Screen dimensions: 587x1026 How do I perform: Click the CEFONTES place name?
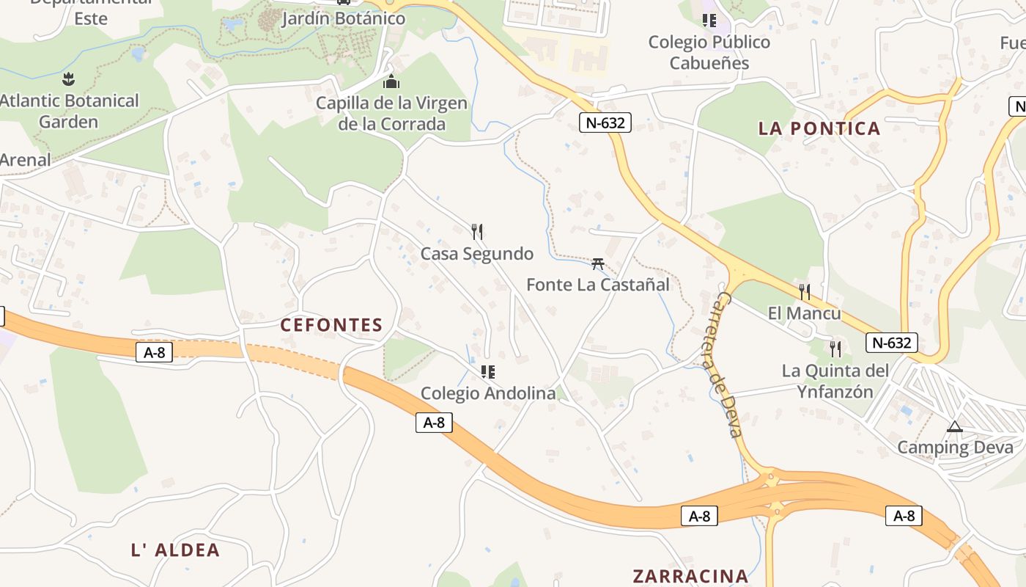[331, 325]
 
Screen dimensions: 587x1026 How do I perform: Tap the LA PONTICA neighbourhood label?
[819, 128]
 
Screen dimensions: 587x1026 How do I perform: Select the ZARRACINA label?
[690, 576]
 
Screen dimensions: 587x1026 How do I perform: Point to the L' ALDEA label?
[175, 550]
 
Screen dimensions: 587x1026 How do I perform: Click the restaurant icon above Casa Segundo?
[477, 232]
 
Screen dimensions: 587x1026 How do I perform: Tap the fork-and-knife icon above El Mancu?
[805, 292]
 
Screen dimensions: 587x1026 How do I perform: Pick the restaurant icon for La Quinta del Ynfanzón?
[835, 349]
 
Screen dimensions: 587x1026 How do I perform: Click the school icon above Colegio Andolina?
[488, 372]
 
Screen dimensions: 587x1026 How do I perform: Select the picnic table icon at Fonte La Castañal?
[598, 263]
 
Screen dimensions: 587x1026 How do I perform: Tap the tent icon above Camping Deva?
[954, 426]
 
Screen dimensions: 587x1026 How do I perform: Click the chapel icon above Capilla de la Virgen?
[391, 81]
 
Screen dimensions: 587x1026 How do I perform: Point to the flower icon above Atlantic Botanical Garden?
[69, 79]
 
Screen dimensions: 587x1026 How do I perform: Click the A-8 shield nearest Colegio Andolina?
[434, 422]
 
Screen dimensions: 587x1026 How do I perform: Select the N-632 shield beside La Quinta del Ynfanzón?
[891, 343]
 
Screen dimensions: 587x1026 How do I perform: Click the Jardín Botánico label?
[343, 18]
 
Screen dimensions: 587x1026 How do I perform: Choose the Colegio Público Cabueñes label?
[709, 52]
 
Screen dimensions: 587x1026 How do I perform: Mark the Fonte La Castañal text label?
[598, 284]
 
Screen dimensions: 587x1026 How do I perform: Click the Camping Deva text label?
[956, 447]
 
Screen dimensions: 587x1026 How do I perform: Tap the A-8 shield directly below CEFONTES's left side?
[154, 352]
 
